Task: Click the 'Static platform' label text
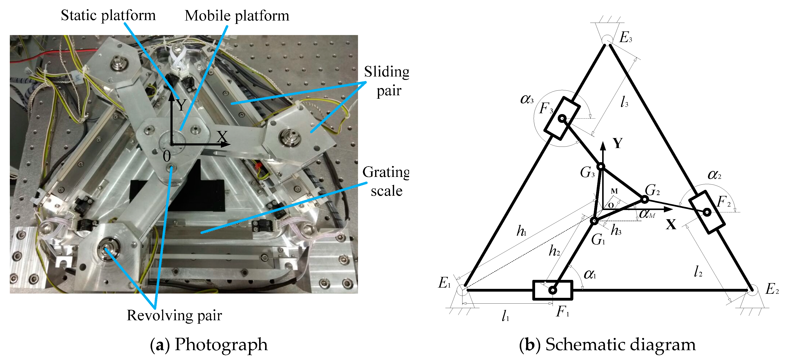[x=108, y=15]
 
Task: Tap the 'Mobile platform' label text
[x=237, y=16]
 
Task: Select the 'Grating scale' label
[x=386, y=181]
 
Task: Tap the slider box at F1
[x=552, y=290]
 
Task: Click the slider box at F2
[x=707, y=212]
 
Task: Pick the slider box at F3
[x=562, y=118]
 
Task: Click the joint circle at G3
[x=600, y=166]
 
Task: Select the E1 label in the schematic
[x=444, y=283]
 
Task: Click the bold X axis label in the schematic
[x=671, y=225]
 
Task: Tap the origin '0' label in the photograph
[x=167, y=156]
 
